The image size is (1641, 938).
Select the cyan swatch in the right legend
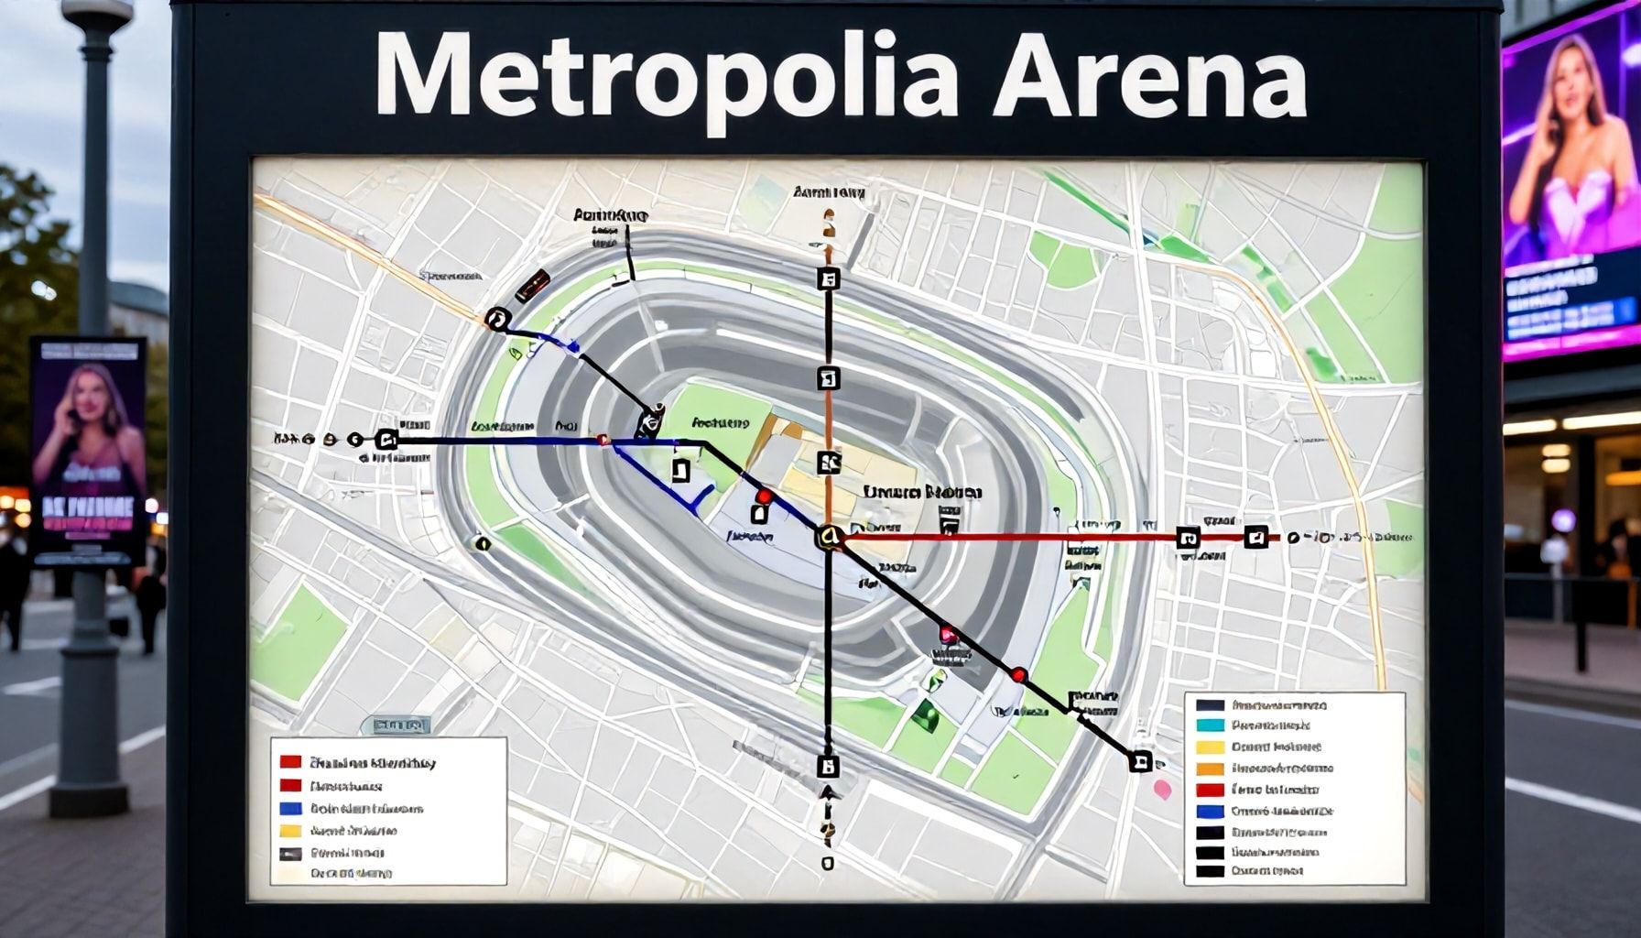[x=1210, y=725]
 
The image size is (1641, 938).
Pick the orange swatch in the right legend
[x=1210, y=769]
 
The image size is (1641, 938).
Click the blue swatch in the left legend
[x=290, y=809]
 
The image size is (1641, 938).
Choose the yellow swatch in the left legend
[x=290, y=831]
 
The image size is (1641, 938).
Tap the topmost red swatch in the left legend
[x=290, y=762]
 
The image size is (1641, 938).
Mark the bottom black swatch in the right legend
[x=1210, y=871]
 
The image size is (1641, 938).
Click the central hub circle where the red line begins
[x=828, y=537]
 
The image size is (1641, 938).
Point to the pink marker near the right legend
[x=1162, y=789]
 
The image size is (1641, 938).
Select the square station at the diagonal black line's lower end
[x=1140, y=760]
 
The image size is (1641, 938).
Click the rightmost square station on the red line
[x=1256, y=538]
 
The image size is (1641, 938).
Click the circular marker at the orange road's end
[x=497, y=319]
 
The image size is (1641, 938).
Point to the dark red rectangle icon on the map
[x=532, y=286]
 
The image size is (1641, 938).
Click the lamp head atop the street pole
[x=97, y=13]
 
